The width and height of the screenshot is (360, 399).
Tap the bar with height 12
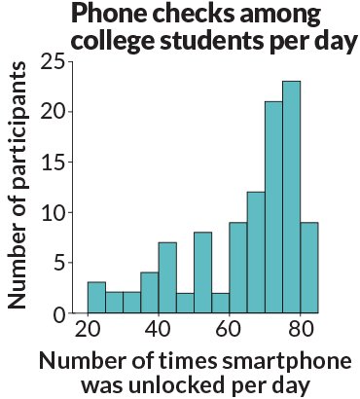pyautogui.click(x=256, y=253)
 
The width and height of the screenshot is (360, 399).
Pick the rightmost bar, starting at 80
pyautogui.click(x=308, y=269)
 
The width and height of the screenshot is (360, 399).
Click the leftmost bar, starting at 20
pyautogui.click(x=96, y=298)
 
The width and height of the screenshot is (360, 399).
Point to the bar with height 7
pyautogui.click(x=167, y=278)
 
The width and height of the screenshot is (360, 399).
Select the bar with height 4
pyautogui.click(x=150, y=293)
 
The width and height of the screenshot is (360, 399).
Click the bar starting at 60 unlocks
pyautogui.click(x=238, y=269)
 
